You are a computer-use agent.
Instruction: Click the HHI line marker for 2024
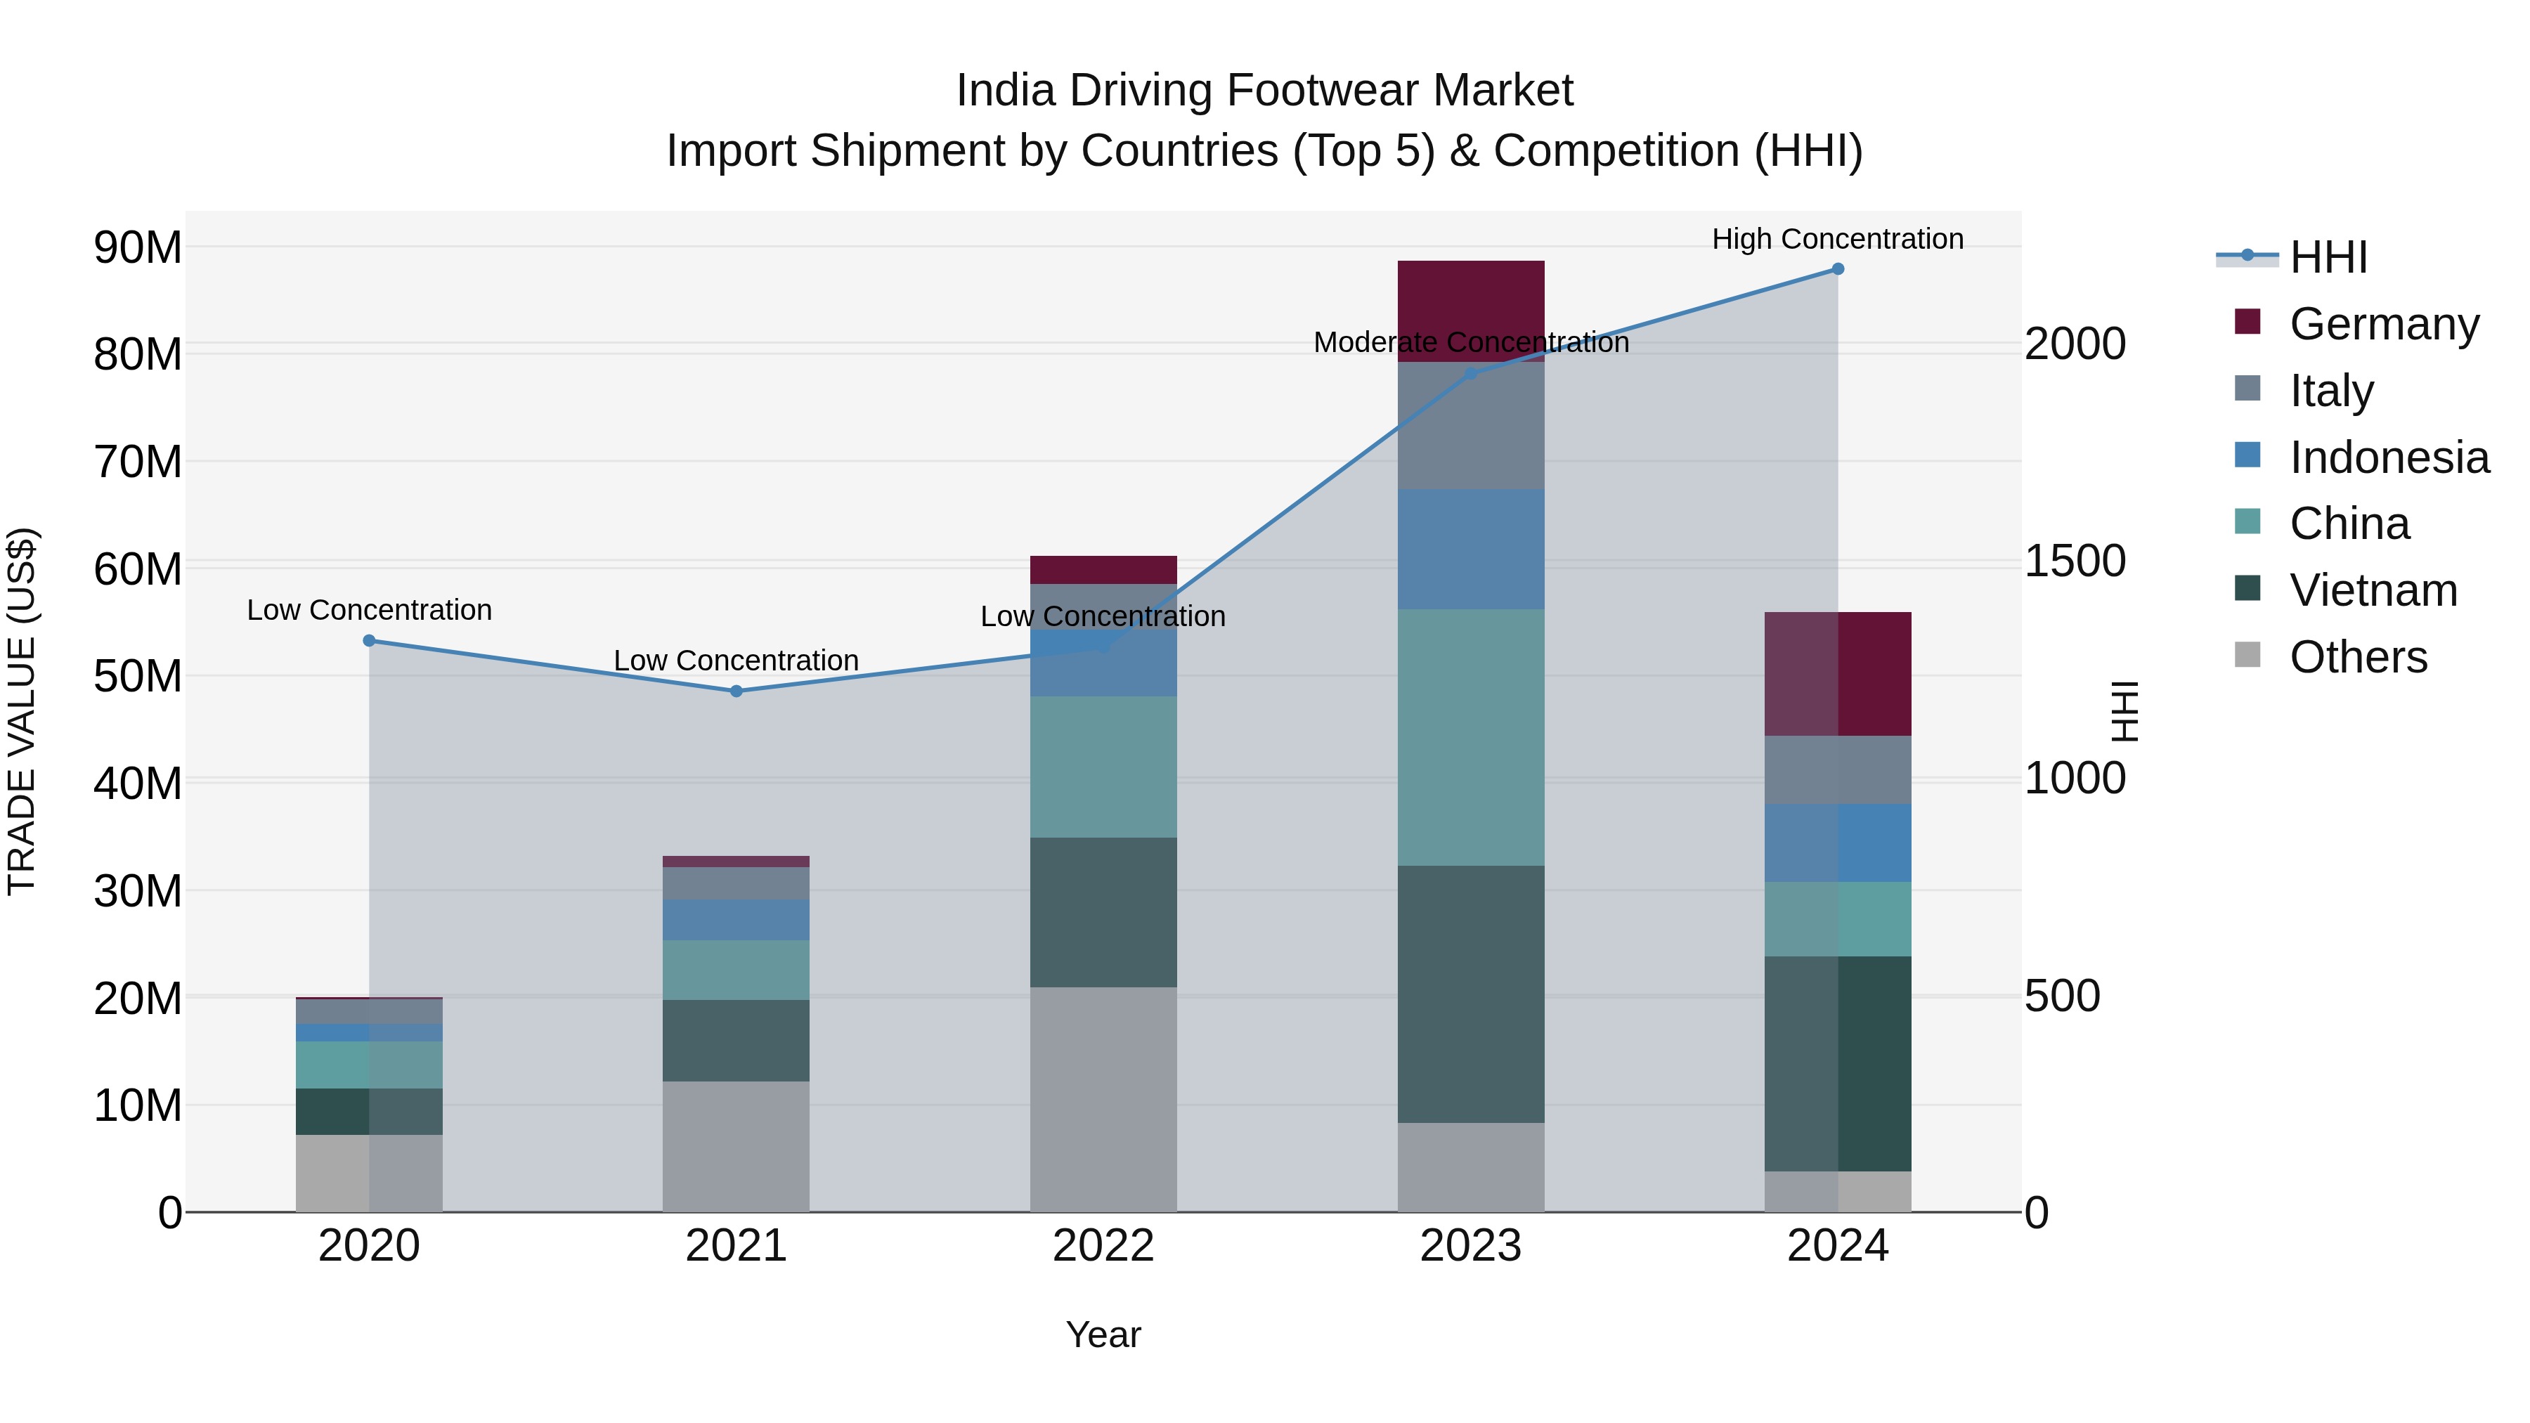[x=1838, y=269]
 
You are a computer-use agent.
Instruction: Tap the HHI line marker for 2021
[x=737, y=691]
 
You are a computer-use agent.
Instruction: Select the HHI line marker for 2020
[x=369, y=640]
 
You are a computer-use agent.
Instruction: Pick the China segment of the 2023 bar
[x=1470, y=736]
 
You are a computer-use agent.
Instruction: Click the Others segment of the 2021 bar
[x=737, y=1146]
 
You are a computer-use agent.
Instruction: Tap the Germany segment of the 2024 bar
[x=1838, y=674]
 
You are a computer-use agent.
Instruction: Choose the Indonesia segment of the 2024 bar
[x=1838, y=843]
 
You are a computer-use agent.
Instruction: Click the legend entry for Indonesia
[x=2389, y=457]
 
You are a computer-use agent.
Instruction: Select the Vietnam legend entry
[x=2373, y=590]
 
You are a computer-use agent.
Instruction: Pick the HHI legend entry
[x=2328, y=257]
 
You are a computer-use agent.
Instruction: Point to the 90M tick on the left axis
[x=138, y=247]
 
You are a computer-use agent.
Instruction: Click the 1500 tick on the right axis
[x=2075, y=561]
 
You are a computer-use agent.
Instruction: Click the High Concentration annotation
[x=1838, y=239]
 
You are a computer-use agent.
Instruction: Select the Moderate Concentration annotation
[x=1470, y=343]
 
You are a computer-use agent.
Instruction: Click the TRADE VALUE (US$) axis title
[x=22, y=711]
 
